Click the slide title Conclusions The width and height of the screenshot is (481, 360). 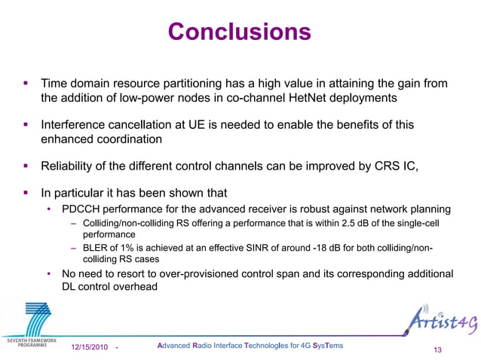click(240, 32)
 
